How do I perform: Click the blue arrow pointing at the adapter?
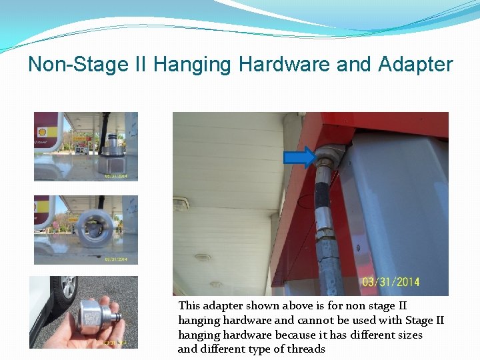tap(300, 157)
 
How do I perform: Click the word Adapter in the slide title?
tap(415, 65)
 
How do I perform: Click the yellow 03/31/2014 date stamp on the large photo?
tap(391, 282)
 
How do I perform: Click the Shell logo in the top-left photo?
tap(41, 132)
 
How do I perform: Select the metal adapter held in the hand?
tap(93, 313)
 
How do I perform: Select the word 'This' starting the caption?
tap(189, 305)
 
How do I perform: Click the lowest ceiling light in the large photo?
tap(203, 257)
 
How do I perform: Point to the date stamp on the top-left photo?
tap(120, 176)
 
